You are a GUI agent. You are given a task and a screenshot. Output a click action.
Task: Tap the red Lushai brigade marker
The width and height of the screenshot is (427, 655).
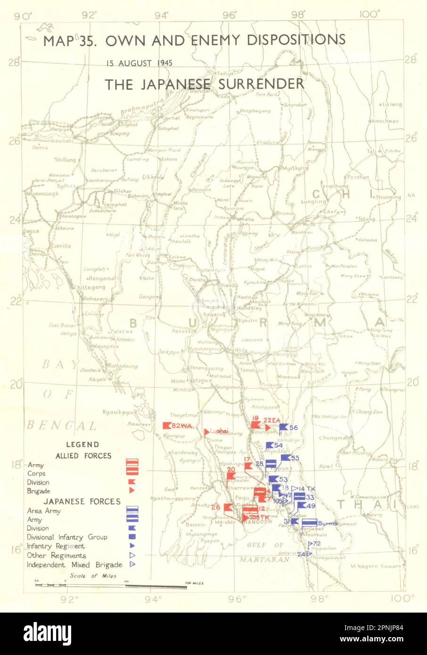[206, 432]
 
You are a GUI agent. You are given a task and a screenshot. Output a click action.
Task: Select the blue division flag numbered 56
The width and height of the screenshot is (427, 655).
[283, 428]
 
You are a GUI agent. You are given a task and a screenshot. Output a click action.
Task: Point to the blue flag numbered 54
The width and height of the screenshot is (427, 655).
[270, 445]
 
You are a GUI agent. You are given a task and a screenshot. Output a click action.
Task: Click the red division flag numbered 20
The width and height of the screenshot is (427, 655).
[231, 475]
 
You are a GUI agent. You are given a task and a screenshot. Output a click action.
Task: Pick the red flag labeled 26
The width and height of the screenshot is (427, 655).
[227, 508]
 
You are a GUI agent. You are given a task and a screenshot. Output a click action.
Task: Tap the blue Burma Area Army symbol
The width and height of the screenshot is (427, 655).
[309, 523]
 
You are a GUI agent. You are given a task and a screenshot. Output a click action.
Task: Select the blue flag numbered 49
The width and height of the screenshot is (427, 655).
[301, 506]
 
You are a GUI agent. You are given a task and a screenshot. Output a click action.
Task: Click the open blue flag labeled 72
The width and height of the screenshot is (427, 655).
[310, 544]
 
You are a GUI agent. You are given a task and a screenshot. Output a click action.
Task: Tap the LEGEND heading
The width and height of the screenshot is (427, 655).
[82, 444]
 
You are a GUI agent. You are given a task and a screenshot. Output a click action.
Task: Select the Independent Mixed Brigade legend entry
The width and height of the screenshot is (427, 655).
[74, 565]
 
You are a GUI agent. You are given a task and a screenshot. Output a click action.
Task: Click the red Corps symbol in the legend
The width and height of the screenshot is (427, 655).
[132, 470]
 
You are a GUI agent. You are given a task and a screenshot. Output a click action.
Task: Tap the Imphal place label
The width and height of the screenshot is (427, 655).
[164, 194]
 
